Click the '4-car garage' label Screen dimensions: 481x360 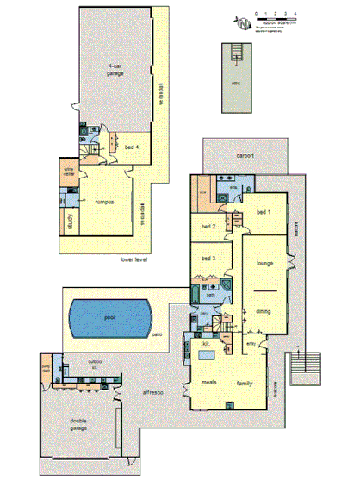(116, 72)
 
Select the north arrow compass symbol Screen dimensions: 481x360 (243, 19)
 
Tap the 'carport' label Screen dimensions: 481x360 (246, 156)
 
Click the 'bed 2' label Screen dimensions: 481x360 (208, 227)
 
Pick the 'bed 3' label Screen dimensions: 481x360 (208, 258)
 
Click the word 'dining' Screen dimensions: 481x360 (264, 311)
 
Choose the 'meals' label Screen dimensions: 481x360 (208, 381)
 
